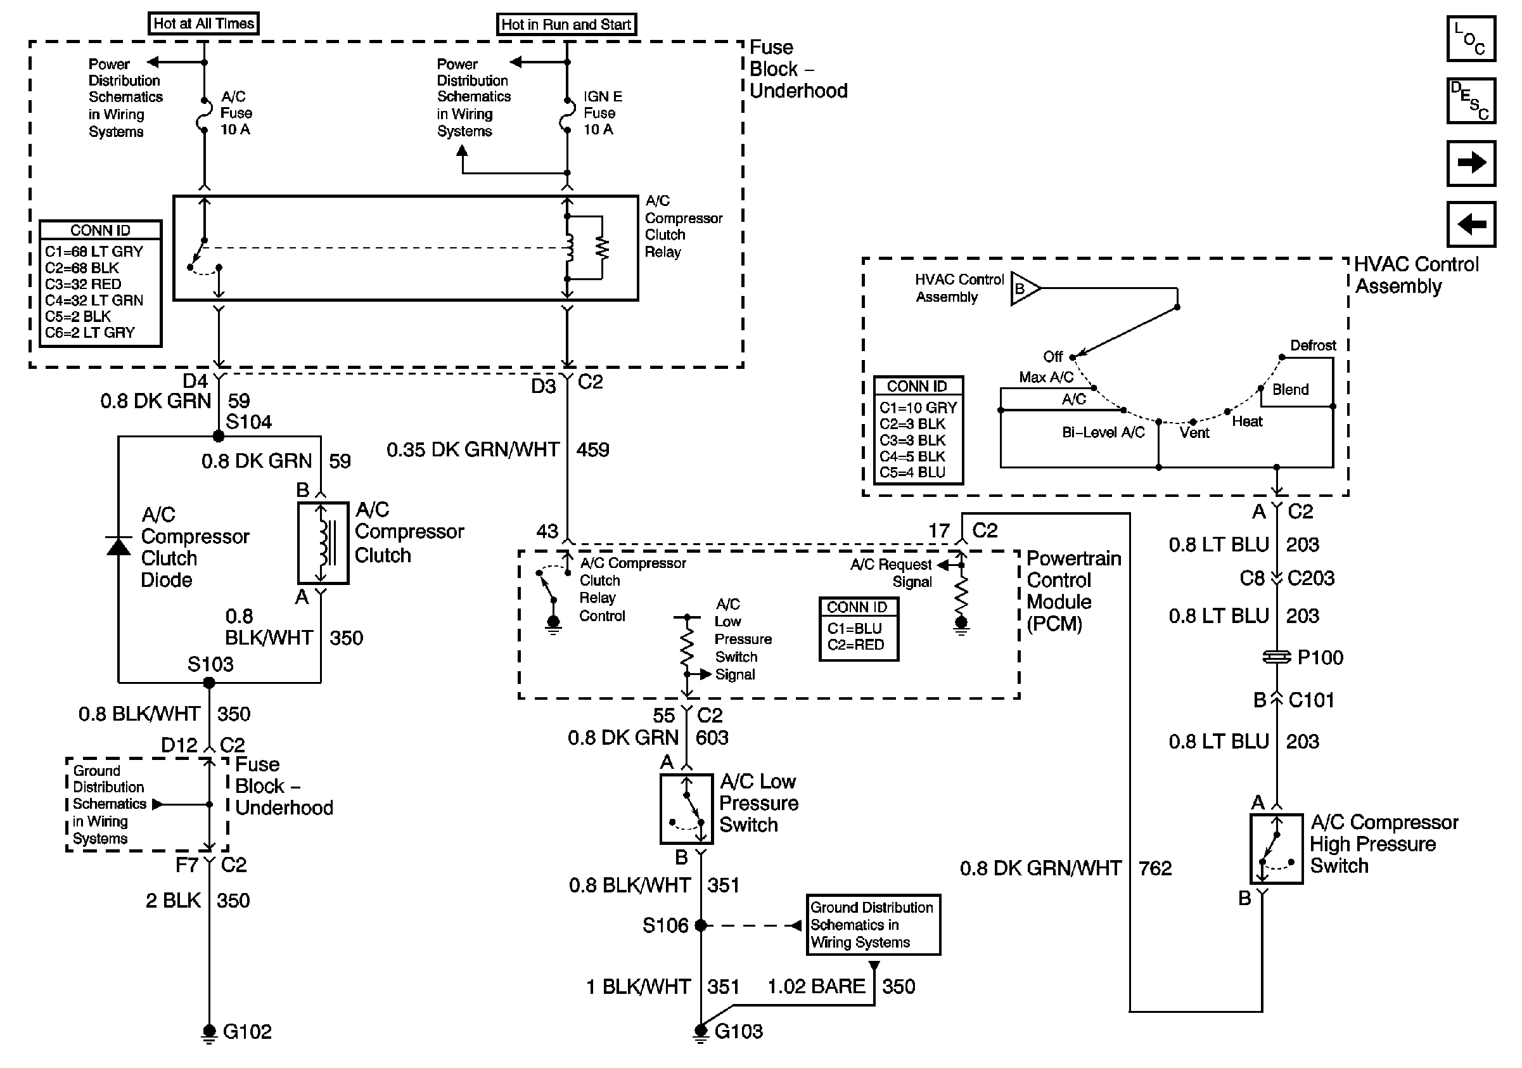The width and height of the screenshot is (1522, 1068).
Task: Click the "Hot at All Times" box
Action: (203, 24)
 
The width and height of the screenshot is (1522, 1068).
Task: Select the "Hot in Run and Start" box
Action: (566, 25)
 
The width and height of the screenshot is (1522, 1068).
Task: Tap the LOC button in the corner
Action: (1470, 39)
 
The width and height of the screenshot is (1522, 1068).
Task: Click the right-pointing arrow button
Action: (1471, 162)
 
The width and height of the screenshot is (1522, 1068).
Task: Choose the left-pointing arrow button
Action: (1471, 224)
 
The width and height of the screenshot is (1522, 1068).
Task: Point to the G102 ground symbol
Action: (209, 1033)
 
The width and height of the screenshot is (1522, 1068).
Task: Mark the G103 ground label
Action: (738, 1031)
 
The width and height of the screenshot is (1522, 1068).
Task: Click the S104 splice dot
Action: (218, 435)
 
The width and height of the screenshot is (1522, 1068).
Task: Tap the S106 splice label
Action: (665, 925)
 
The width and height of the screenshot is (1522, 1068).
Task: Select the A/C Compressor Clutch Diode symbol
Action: (118, 547)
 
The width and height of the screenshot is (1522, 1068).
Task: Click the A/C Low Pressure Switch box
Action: (686, 809)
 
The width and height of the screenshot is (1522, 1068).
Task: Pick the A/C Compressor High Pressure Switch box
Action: (1276, 849)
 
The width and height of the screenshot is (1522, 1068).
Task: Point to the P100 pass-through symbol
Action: (1277, 657)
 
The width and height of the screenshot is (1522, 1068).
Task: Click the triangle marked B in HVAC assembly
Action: (1023, 289)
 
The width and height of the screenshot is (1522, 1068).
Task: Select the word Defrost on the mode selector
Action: (1312, 345)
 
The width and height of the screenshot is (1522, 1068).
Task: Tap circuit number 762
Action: (1154, 868)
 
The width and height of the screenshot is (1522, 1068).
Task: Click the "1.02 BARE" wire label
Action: (816, 986)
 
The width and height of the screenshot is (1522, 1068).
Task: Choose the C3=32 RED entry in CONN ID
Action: (84, 285)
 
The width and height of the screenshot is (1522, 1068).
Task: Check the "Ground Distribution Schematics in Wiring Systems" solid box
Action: (873, 925)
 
